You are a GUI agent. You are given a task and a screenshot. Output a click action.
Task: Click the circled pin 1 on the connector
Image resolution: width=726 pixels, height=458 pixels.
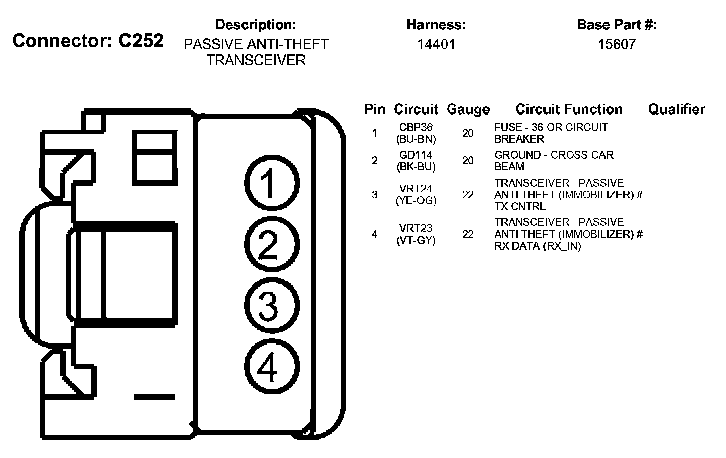[x=272, y=183]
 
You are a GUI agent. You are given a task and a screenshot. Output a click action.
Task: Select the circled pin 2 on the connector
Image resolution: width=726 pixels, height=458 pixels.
[x=272, y=244]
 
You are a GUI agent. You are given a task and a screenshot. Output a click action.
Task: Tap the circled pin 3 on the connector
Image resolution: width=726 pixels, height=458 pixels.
[x=272, y=306]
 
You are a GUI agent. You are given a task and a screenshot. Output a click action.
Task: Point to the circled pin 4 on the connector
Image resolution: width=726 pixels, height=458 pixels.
[x=272, y=367]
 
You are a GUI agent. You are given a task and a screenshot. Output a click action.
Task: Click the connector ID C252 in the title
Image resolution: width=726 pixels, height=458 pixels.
[x=141, y=41]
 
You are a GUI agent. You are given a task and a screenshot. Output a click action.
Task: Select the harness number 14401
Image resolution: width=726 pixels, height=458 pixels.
[x=436, y=44]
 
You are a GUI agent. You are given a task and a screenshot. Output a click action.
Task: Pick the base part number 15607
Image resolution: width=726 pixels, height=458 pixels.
[x=617, y=44]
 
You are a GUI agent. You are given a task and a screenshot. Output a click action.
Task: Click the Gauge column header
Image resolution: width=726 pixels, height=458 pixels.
[x=468, y=109]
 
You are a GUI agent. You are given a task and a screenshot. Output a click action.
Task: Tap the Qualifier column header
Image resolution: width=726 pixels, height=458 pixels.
[x=677, y=109]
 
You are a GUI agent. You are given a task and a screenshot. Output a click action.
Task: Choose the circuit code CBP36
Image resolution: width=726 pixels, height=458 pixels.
[x=416, y=127]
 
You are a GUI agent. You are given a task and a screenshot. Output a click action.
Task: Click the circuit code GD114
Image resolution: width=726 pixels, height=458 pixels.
[x=416, y=155]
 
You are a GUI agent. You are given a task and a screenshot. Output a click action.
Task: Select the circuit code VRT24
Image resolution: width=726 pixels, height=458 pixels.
[x=416, y=189]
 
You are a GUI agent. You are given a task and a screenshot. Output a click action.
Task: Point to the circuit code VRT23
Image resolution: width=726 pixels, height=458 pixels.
[x=416, y=228]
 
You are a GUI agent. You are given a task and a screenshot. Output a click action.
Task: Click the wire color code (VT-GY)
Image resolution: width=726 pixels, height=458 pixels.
[x=416, y=241]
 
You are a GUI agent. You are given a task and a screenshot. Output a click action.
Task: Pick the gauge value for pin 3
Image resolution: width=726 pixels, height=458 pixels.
[x=468, y=195]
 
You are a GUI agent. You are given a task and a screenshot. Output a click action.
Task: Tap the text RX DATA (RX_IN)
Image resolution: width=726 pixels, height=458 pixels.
[x=537, y=246]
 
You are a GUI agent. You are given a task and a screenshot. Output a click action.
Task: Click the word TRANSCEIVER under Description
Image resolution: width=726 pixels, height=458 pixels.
[x=256, y=61]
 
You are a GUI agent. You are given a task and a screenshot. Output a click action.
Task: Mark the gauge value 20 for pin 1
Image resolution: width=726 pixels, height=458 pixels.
[x=468, y=133]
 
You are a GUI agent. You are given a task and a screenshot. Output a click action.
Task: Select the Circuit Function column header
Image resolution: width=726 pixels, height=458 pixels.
[x=569, y=109]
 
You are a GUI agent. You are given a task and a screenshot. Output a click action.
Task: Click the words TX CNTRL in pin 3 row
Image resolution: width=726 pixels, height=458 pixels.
[x=520, y=206]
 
